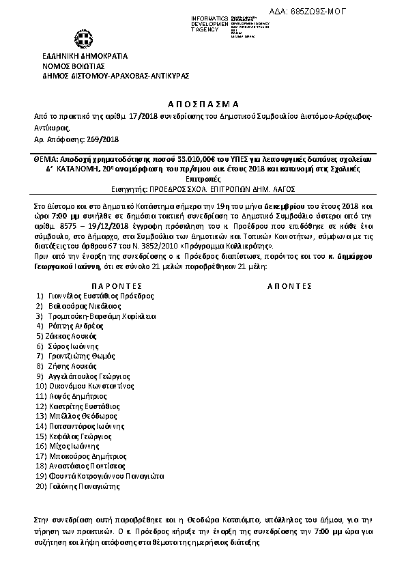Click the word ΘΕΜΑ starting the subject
click(x=46, y=157)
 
